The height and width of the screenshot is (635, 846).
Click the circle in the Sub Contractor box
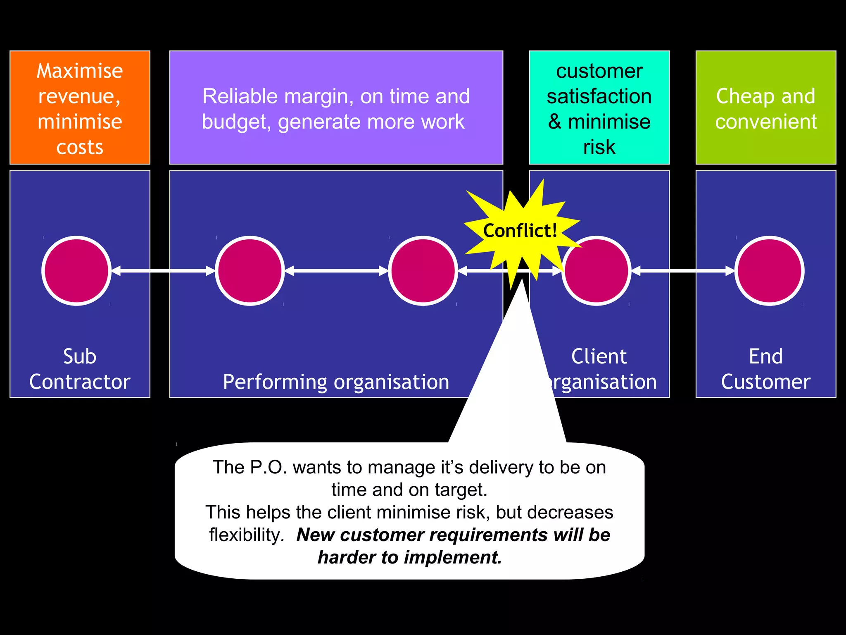pos(76,271)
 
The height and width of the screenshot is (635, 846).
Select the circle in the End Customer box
pos(769,271)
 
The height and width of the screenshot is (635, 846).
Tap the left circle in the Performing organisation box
pos(250,271)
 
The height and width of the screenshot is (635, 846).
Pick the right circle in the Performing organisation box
pos(423,271)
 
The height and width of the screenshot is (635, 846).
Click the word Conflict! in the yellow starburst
pos(520,231)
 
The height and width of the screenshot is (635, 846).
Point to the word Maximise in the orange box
pos(80,71)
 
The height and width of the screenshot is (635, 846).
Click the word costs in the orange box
pos(80,147)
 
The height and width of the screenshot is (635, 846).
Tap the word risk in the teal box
pos(599,147)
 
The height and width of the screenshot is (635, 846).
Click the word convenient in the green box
pos(766,122)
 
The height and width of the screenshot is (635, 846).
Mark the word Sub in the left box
pos(80,356)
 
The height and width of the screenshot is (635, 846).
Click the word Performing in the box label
pos(275,382)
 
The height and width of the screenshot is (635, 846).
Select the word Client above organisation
pos(599,356)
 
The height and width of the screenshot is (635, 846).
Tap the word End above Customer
pos(765,356)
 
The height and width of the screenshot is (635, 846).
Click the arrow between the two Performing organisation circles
pos(336,271)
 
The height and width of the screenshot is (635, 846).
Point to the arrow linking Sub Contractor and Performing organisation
pos(163,271)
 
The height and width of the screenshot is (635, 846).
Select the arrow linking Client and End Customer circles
pos(683,271)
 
